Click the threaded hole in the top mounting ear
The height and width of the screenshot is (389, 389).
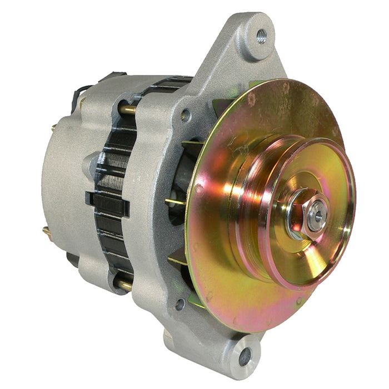pos(261,37)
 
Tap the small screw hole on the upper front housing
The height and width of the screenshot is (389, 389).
pos(186,116)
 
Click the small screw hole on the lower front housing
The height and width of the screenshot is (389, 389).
pos(179,303)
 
